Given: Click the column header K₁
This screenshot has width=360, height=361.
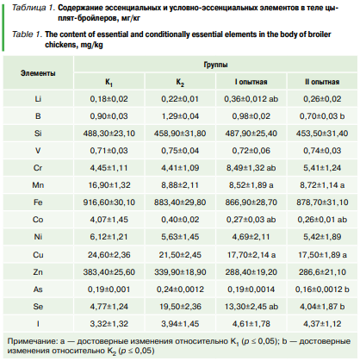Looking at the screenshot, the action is coord(109,83).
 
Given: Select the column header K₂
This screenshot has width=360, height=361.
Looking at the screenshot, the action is coord(180,83).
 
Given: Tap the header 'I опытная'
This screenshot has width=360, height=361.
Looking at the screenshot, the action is coord(251,82).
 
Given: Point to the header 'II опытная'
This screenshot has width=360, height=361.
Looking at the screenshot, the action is coord(322,82).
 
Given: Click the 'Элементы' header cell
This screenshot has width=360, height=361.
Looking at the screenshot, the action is coord(38,73).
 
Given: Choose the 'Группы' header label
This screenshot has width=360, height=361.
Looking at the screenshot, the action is coord(215,65).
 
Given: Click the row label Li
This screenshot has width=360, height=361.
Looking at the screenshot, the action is coord(38,99).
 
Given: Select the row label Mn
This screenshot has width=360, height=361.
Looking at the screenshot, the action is coord(38,185).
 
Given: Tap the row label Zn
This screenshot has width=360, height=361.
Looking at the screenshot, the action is coord(38,272).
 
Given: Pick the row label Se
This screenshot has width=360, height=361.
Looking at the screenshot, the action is coord(38,307).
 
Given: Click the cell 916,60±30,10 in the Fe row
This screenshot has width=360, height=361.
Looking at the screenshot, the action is coord(109,202).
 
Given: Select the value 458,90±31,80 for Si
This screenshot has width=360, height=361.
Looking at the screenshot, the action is coord(180,134).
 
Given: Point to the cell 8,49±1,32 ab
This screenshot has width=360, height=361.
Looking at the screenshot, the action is coord(251,168).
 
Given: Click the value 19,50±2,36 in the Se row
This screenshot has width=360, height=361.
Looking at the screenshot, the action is coord(180,307).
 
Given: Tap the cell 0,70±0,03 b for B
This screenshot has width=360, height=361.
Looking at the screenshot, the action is coord(322,116).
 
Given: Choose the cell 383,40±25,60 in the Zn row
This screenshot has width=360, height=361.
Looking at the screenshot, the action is coord(109,272).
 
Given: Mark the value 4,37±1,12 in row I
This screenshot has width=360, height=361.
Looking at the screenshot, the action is coord(322,324).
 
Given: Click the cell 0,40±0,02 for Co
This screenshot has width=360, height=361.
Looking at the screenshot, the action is coord(180,220).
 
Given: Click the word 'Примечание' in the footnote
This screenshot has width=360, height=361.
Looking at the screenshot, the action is coord(32,341).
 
